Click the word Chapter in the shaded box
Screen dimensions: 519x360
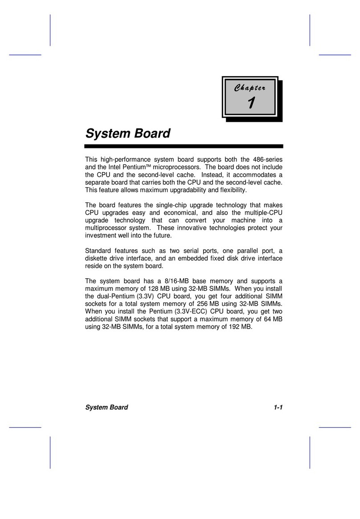(249, 88)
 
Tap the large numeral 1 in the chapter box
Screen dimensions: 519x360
(251, 103)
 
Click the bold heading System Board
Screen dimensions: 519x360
(127, 133)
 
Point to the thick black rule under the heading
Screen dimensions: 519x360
(184, 146)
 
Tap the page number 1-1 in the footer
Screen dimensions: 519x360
(278, 407)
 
